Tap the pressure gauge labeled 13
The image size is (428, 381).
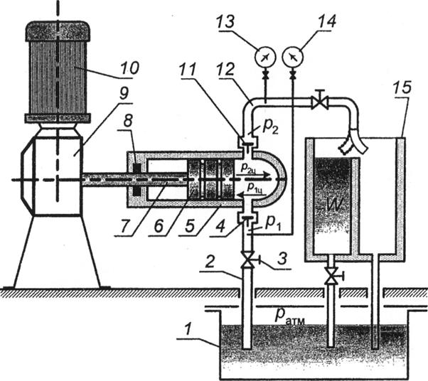[265, 58]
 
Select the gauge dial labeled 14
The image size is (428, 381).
[293, 58]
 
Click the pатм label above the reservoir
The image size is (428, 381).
[289, 316]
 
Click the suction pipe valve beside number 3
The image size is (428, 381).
[250, 260]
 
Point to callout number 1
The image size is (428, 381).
[187, 331]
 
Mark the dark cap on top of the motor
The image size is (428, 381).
[58, 32]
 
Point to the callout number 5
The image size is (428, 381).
[189, 227]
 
